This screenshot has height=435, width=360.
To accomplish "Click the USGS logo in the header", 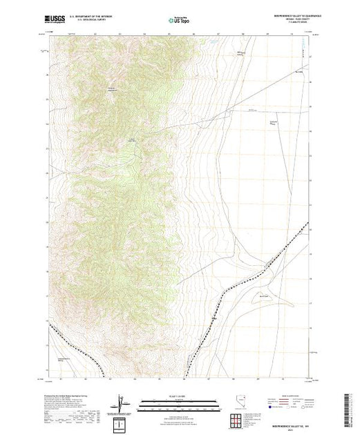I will pyautogui.click(x=55, y=21).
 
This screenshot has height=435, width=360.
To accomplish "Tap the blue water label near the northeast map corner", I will pyautogui.click(x=302, y=50).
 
